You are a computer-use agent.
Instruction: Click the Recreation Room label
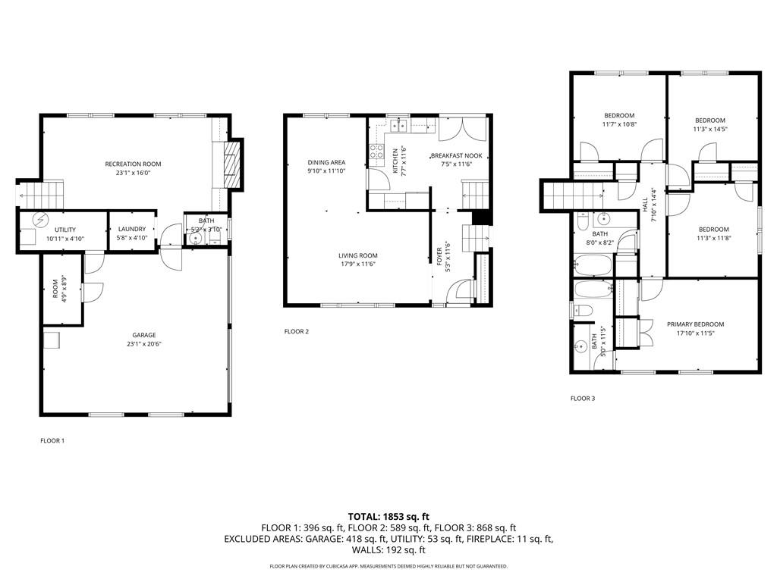coord(133,164)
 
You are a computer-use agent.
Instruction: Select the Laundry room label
coord(132,229)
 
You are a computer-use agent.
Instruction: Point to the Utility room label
coord(64,229)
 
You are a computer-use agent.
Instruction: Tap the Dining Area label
coord(326,162)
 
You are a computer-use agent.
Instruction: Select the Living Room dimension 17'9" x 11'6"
coord(357,264)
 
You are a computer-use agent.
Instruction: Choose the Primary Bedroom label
coord(695,324)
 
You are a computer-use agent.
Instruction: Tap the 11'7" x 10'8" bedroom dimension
coord(619,124)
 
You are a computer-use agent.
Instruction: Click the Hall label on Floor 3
coord(646,205)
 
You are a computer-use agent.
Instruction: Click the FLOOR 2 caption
coord(297,331)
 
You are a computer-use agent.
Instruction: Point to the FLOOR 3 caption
coord(583,398)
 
